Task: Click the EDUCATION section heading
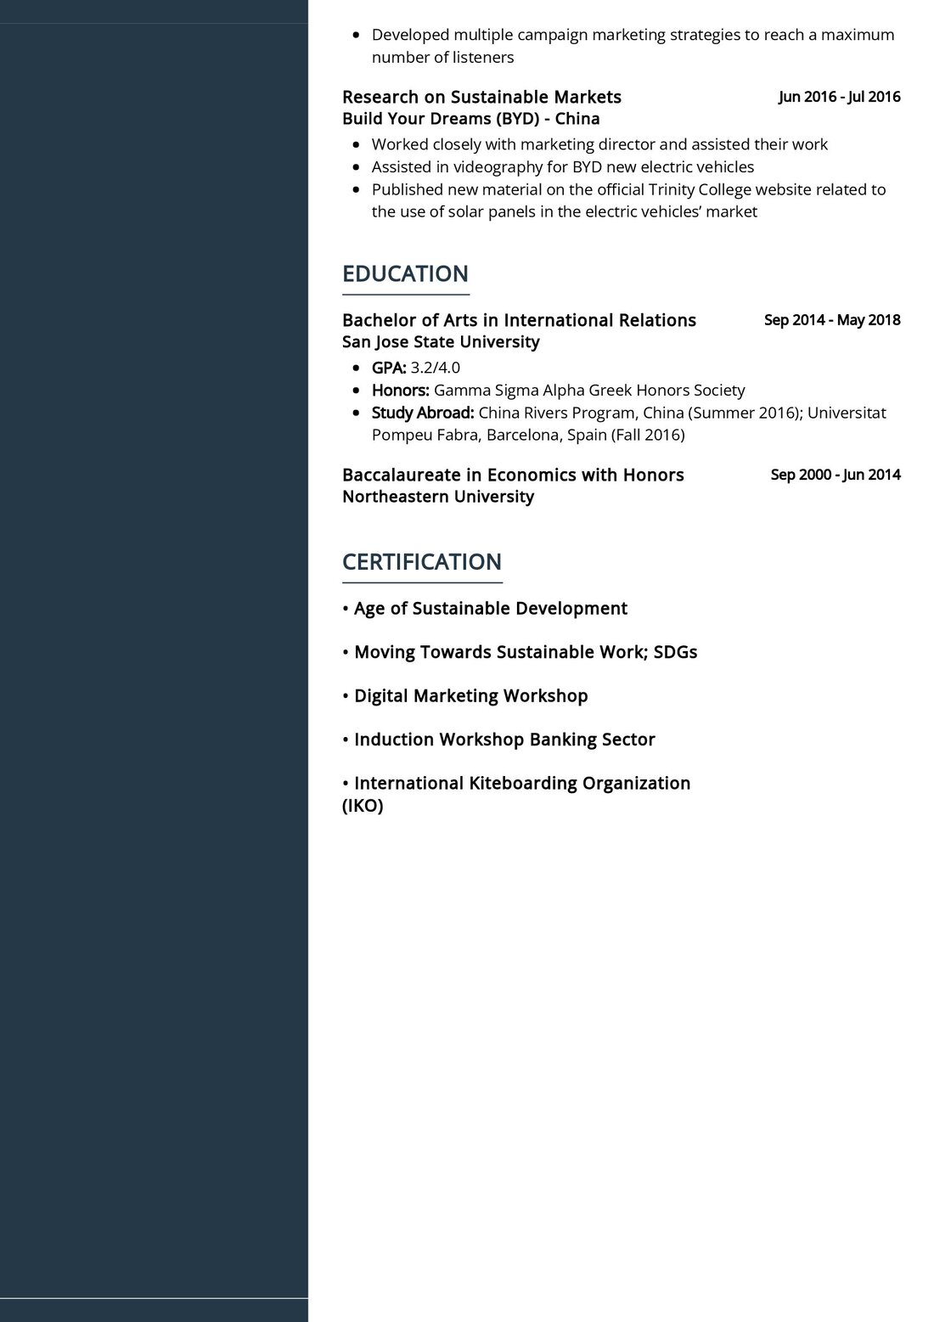(405, 274)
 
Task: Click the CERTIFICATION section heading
(421, 562)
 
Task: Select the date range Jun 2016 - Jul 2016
(839, 97)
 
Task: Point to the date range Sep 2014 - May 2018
(832, 320)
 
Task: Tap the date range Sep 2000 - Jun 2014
(836, 475)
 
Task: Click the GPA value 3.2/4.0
(435, 368)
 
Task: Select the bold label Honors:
(400, 391)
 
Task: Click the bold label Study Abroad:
(422, 413)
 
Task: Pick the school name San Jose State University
(441, 342)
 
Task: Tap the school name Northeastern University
(437, 497)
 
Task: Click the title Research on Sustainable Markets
(481, 97)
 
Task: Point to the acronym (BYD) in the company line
(512, 119)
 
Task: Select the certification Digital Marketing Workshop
(470, 696)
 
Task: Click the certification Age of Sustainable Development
(490, 609)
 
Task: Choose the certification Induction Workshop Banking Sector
(504, 740)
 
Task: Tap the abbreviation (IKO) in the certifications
(363, 806)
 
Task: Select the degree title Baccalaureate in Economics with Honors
(513, 475)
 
